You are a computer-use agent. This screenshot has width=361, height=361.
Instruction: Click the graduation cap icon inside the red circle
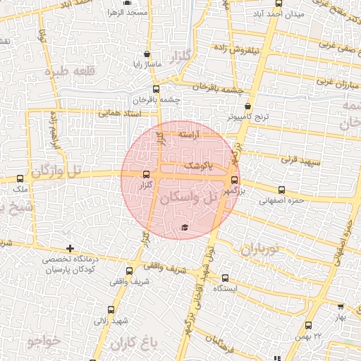coord(185,227)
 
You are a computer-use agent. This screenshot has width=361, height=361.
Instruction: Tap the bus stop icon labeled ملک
coord(19,179)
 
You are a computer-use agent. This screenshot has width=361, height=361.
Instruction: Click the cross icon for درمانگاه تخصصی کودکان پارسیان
coord(70,248)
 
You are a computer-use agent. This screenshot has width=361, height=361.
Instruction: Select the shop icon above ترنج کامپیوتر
coord(247,106)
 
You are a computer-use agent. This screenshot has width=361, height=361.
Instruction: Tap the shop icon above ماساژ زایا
coord(147,54)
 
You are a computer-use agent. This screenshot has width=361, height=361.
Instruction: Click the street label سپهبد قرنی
coord(301,160)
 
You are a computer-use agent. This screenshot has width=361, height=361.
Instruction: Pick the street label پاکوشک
coord(198,166)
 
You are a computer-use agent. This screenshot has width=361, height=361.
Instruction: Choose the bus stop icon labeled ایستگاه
coord(225,278)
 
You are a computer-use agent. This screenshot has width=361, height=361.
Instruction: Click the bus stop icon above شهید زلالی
coord(111,310)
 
